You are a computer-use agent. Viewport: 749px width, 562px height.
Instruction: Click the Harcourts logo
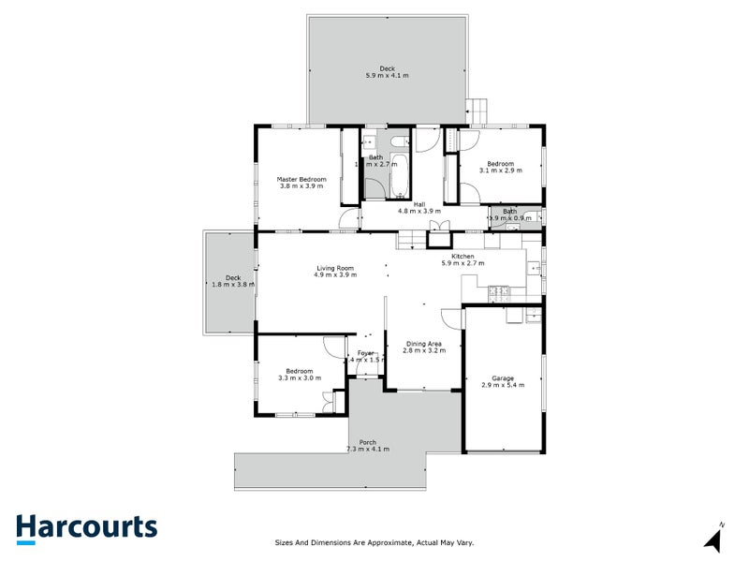coord(86,526)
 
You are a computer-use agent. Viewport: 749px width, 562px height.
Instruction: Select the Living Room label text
coord(336,269)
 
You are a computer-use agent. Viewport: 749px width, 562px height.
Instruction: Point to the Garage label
coord(497,378)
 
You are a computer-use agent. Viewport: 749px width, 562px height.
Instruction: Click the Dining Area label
coord(423,344)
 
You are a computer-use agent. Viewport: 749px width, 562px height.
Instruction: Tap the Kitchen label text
coord(463,257)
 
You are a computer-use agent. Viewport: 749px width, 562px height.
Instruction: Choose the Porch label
coord(367,443)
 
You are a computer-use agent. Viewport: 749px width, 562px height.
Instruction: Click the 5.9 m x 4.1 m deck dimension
coord(387,75)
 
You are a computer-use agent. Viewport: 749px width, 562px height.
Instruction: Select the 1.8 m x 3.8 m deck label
coord(233,284)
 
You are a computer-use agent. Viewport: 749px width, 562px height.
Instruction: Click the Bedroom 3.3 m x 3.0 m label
coord(300,378)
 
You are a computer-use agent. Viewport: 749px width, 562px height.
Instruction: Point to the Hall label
coord(406,204)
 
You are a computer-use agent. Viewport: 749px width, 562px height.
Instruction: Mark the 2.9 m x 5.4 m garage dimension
coord(497,385)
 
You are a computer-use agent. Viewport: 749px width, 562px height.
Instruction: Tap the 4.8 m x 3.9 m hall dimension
coord(406,211)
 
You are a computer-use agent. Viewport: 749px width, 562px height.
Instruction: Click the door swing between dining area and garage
coord(453,317)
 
